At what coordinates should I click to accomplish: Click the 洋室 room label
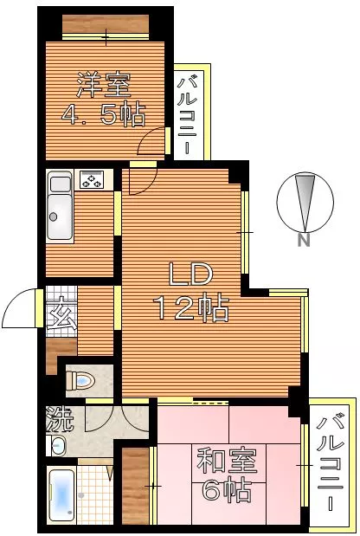coord(104,85)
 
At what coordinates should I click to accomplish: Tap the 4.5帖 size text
coord(104,113)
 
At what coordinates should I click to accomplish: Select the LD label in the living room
coord(191,274)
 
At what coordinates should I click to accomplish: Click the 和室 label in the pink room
coord(227,460)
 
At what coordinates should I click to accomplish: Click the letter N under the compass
coord(303,240)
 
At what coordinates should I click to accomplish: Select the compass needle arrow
coord(305,203)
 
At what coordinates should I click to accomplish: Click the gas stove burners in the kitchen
coord(91,179)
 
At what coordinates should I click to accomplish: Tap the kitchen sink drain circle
coord(53,216)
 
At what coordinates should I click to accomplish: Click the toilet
coord(80,380)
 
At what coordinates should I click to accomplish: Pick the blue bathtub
coord(61,495)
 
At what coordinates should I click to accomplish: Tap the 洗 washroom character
coord(60,418)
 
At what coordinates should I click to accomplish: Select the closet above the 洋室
coord(106,24)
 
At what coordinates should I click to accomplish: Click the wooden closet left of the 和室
coord(135,486)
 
